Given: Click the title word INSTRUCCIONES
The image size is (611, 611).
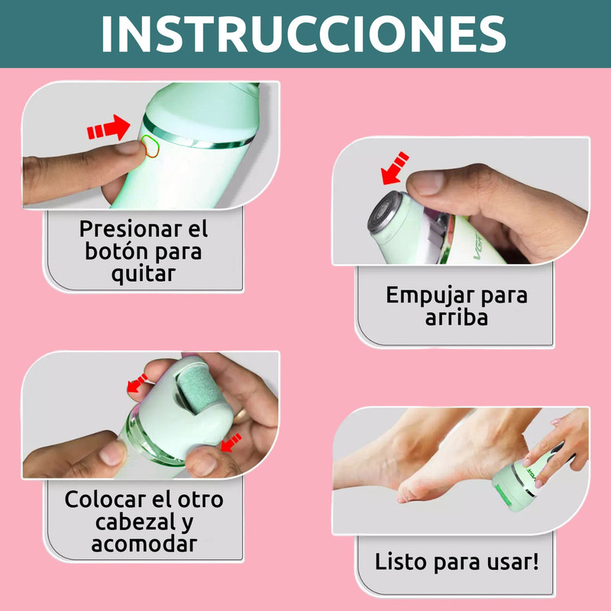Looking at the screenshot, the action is point(303,34).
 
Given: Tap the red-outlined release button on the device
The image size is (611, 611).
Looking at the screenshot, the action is point(150,146).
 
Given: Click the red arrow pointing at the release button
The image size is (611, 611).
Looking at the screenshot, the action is point(108,128).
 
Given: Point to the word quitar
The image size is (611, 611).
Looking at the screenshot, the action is point(144,273).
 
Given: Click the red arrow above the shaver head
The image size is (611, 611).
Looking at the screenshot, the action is point(395,168).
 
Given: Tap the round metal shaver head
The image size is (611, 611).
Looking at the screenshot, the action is point(385,212).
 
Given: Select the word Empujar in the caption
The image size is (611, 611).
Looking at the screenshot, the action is point(431,296).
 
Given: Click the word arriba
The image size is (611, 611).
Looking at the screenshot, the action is point(456,318).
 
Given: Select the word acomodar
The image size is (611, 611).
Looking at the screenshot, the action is point(144,544).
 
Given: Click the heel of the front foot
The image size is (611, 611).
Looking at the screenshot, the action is point(407,493).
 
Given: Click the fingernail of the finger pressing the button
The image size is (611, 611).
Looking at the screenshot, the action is point(129,147).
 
